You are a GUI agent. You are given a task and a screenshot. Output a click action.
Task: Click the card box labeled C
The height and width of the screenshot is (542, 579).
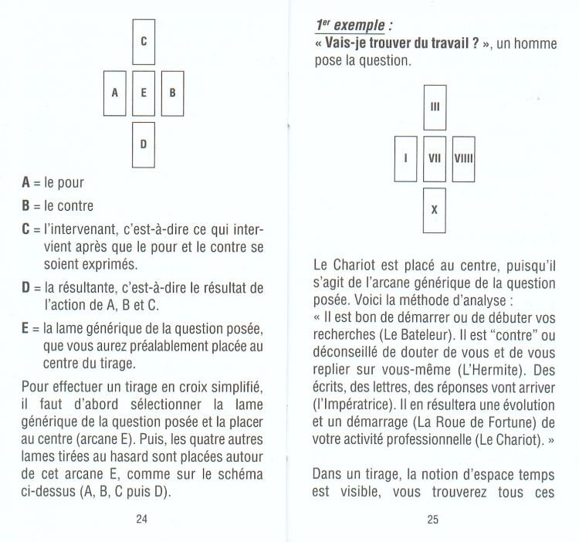pos(144,41)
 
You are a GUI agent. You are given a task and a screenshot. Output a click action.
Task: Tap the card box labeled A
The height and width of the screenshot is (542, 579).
pos(115,93)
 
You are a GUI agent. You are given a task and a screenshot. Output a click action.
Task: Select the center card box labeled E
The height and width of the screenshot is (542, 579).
pos(144,93)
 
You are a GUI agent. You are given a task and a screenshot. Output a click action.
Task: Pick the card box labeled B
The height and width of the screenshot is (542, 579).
pos(172,93)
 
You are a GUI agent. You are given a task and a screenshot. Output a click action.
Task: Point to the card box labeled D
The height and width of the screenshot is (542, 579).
pos(144,144)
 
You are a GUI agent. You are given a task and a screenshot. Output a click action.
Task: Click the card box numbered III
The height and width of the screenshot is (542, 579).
pos(435,107)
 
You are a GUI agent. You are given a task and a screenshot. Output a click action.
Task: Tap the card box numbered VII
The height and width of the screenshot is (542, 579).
pos(435,158)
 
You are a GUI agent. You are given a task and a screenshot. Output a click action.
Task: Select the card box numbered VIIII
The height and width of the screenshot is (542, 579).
pos(463,158)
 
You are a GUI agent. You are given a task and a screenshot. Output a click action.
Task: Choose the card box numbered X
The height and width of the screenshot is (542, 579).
pos(435,208)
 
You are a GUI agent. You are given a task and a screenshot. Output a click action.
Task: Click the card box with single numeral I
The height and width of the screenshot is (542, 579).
pos(406,158)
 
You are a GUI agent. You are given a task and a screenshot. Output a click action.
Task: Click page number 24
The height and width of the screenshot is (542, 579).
pos(141,519)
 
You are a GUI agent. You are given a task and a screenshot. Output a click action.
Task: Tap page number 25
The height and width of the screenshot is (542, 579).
pos(433,519)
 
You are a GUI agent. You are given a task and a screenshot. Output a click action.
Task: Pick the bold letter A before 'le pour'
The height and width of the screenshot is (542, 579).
pos(26,183)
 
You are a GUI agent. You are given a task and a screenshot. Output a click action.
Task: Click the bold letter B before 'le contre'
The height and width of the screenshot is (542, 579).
pos(26,205)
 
